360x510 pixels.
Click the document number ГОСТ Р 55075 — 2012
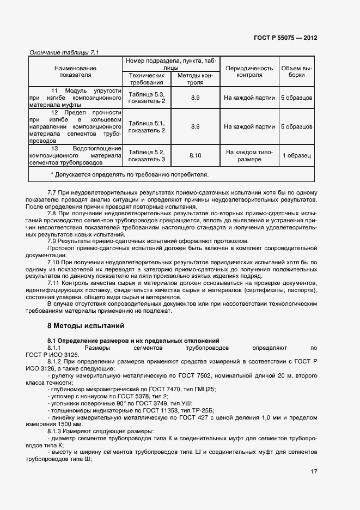285,38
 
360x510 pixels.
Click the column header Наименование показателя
76,72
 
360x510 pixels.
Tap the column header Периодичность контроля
249,72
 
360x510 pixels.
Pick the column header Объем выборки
296,72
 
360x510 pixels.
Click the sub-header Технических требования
147,79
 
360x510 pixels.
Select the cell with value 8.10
196,156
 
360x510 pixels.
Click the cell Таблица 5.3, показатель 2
147,98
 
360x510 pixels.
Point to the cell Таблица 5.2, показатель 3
147,156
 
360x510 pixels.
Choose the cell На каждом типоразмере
249,156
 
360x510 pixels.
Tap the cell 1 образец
296,156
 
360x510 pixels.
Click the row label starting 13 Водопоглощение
76,155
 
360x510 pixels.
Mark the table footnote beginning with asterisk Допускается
129,174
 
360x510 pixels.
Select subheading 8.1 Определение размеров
133,340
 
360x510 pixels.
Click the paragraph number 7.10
56,262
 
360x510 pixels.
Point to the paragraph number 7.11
56,283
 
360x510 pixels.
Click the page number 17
314,471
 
